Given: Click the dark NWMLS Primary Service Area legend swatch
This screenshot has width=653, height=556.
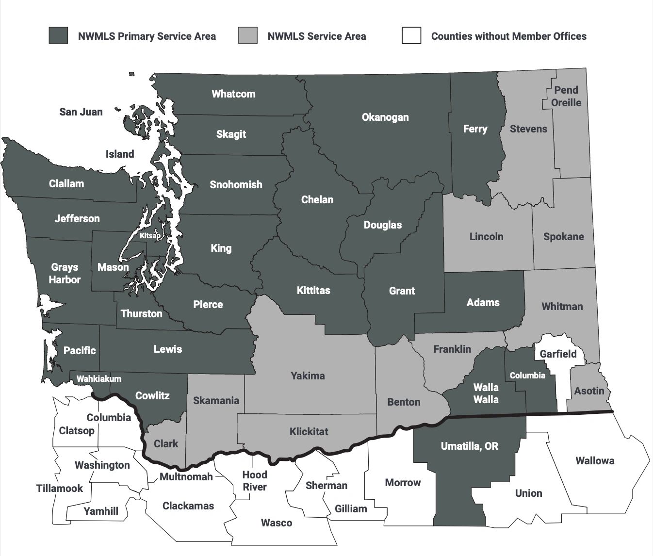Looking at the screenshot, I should [58, 36].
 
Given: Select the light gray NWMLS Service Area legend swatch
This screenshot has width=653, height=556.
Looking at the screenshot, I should [247, 36].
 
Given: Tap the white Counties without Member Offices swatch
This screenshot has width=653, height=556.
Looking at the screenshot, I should [411, 36].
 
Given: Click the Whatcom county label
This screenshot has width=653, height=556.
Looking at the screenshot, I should [233, 94].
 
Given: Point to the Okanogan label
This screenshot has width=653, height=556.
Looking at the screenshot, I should [385, 117].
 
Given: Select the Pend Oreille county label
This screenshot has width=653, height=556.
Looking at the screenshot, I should [566, 96].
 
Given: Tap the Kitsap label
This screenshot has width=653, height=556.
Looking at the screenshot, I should [150, 236].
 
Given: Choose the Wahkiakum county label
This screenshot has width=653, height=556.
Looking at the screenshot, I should [98, 378].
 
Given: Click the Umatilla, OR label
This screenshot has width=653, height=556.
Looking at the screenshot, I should [469, 446].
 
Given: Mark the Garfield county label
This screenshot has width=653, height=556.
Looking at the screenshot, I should [558, 354].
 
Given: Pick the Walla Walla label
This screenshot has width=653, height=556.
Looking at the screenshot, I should [486, 393].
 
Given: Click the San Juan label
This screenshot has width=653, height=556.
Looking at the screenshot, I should [81, 112].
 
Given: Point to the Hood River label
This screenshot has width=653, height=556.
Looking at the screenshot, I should [255, 480].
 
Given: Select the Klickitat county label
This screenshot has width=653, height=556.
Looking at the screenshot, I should [309, 431].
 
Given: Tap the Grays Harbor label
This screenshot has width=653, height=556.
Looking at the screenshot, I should [65, 273].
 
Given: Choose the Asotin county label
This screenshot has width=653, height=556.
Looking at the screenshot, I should [589, 391].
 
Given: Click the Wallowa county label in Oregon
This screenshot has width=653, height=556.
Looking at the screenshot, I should [595, 460].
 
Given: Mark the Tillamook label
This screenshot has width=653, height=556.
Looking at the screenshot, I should [60, 488].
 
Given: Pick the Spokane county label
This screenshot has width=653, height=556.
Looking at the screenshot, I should [563, 237].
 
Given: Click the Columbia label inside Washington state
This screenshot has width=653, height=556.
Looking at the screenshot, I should [527, 376].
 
